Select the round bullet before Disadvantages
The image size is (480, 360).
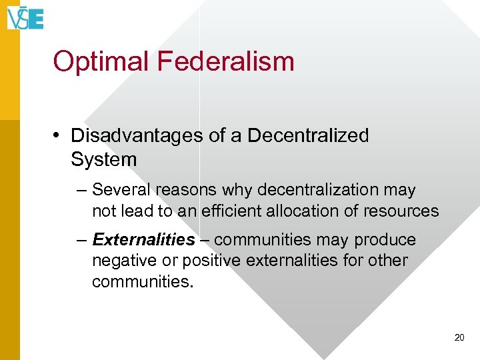pyautogui.click(x=59, y=136)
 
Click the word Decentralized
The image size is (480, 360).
pyautogui.click(x=308, y=135)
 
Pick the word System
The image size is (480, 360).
pyautogui.click(x=103, y=159)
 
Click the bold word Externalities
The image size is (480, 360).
pyautogui.click(x=143, y=239)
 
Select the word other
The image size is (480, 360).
pyautogui.click(x=389, y=260)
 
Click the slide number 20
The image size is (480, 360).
pyautogui.click(x=459, y=338)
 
